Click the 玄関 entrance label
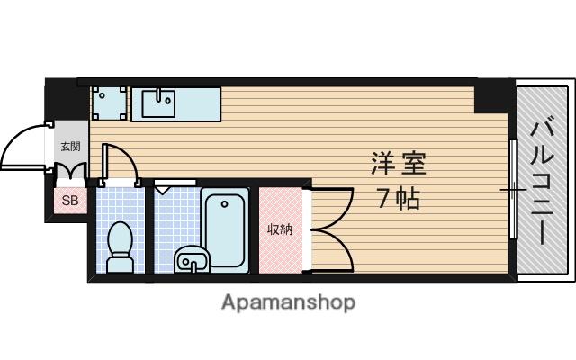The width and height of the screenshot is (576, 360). tap(70, 146)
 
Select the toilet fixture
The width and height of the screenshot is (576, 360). tap(120, 244)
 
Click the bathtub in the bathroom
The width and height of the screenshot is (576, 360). tap(226, 229)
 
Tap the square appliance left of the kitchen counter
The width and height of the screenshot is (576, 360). tap(109, 103)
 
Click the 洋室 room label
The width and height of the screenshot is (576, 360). tap(397, 164)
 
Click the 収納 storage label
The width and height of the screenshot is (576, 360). tap(279, 229)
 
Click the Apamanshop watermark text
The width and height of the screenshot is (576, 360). tap(288, 302)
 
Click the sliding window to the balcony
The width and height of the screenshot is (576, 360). tap(511, 189)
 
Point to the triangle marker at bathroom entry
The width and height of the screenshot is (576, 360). tap(162, 191)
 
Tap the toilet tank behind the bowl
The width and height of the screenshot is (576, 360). tap(120, 264)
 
